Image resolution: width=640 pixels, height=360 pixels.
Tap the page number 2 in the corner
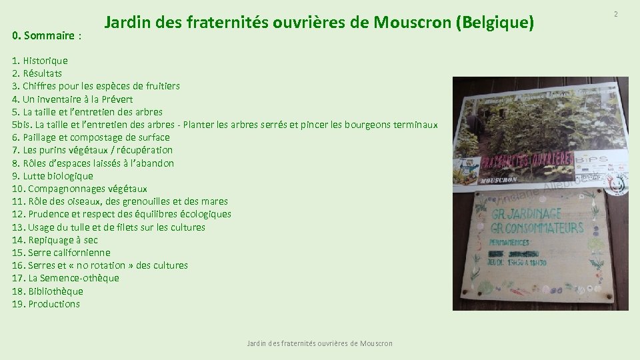tap(616, 14)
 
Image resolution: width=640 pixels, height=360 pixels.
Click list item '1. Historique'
tap(40, 61)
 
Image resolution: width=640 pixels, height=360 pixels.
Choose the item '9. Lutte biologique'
tap(53, 176)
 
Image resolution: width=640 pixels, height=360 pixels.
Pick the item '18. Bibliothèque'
tap(48, 291)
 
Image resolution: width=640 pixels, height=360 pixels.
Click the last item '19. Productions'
tap(46, 304)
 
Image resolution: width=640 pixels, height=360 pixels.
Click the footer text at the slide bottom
tap(319, 343)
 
